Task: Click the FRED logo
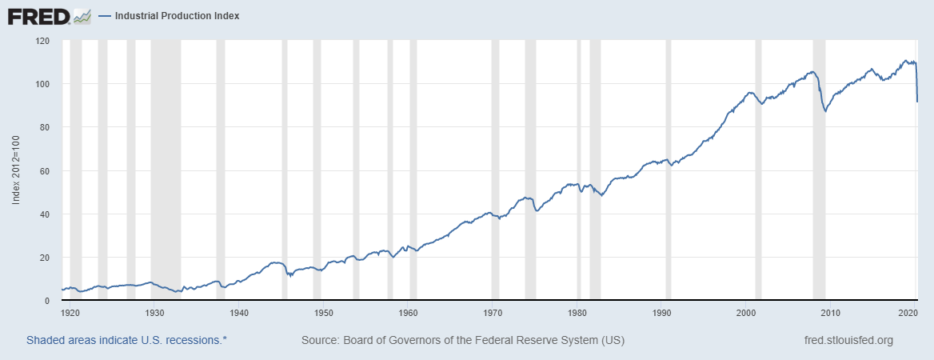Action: point(38,15)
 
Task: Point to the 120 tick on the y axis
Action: point(44,41)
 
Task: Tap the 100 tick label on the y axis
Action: point(44,84)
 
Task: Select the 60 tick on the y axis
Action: point(46,171)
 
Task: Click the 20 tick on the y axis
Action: point(46,258)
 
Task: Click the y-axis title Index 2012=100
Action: point(16,170)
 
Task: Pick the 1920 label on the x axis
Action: point(70,312)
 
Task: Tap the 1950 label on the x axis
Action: point(323,312)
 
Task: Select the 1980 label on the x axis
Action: point(577,312)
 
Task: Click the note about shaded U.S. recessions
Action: point(126,340)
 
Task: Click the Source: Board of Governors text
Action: point(462,340)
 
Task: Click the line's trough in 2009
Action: point(824,111)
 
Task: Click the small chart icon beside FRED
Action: point(82,15)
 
